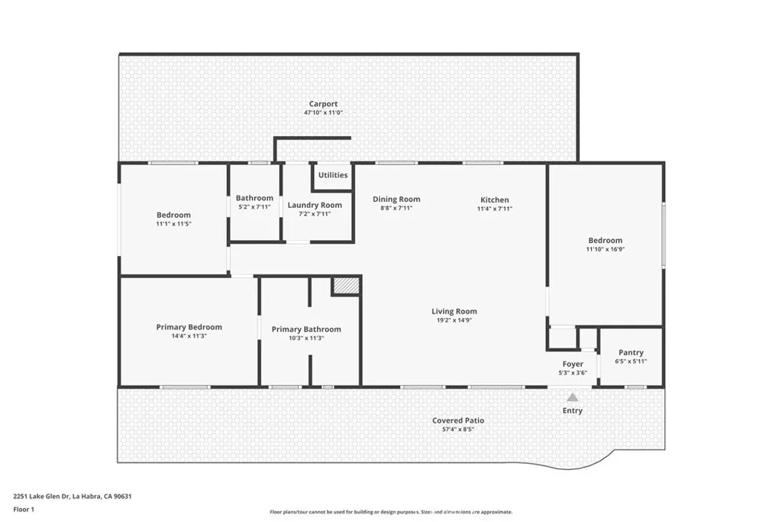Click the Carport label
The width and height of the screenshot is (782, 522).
[x=323, y=104]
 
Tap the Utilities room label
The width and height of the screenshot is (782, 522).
[x=333, y=175]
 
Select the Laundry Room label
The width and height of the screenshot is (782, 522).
[x=315, y=205]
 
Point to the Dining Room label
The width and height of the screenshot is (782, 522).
[x=396, y=199]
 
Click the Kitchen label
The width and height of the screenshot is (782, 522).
[x=494, y=199]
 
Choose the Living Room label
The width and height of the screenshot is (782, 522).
[x=454, y=311]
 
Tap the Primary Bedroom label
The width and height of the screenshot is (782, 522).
[x=189, y=327]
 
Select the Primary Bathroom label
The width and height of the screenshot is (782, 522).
[x=306, y=329]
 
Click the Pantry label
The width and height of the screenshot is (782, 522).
[x=631, y=352]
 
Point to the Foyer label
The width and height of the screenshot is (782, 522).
[x=573, y=364]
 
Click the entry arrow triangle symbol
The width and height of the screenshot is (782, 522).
[x=573, y=397]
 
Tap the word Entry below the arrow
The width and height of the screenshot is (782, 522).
[x=573, y=410]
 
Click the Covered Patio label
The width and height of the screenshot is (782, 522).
[x=458, y=420]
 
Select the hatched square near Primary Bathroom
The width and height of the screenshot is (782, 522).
[x=346, y=286]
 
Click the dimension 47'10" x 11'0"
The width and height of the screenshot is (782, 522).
[x=323, y=113]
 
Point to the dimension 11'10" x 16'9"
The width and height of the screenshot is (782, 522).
[x=605, y=249]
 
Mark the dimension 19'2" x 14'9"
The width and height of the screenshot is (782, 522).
[x=454, y=320]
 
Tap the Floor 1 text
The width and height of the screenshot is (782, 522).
[x=24, y=509]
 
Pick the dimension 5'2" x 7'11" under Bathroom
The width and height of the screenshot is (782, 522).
[x=254, y=207]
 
